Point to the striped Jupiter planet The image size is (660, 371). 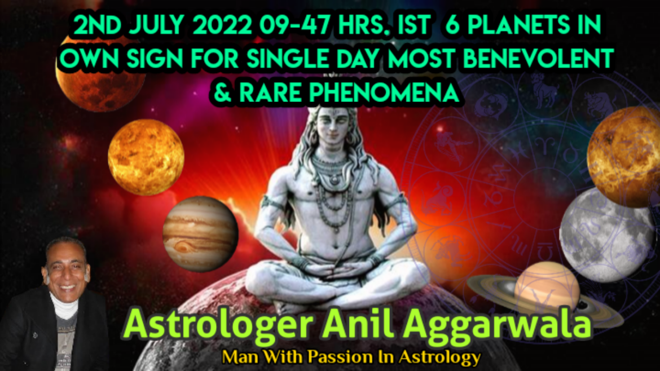(x=200, y=234)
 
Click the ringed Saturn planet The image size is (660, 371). (x=545, y=292)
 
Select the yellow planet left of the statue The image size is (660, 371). (x=146, y=157)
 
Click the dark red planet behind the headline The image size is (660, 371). (x=100, y=76)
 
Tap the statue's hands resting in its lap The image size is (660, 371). (x=336, y=268)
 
